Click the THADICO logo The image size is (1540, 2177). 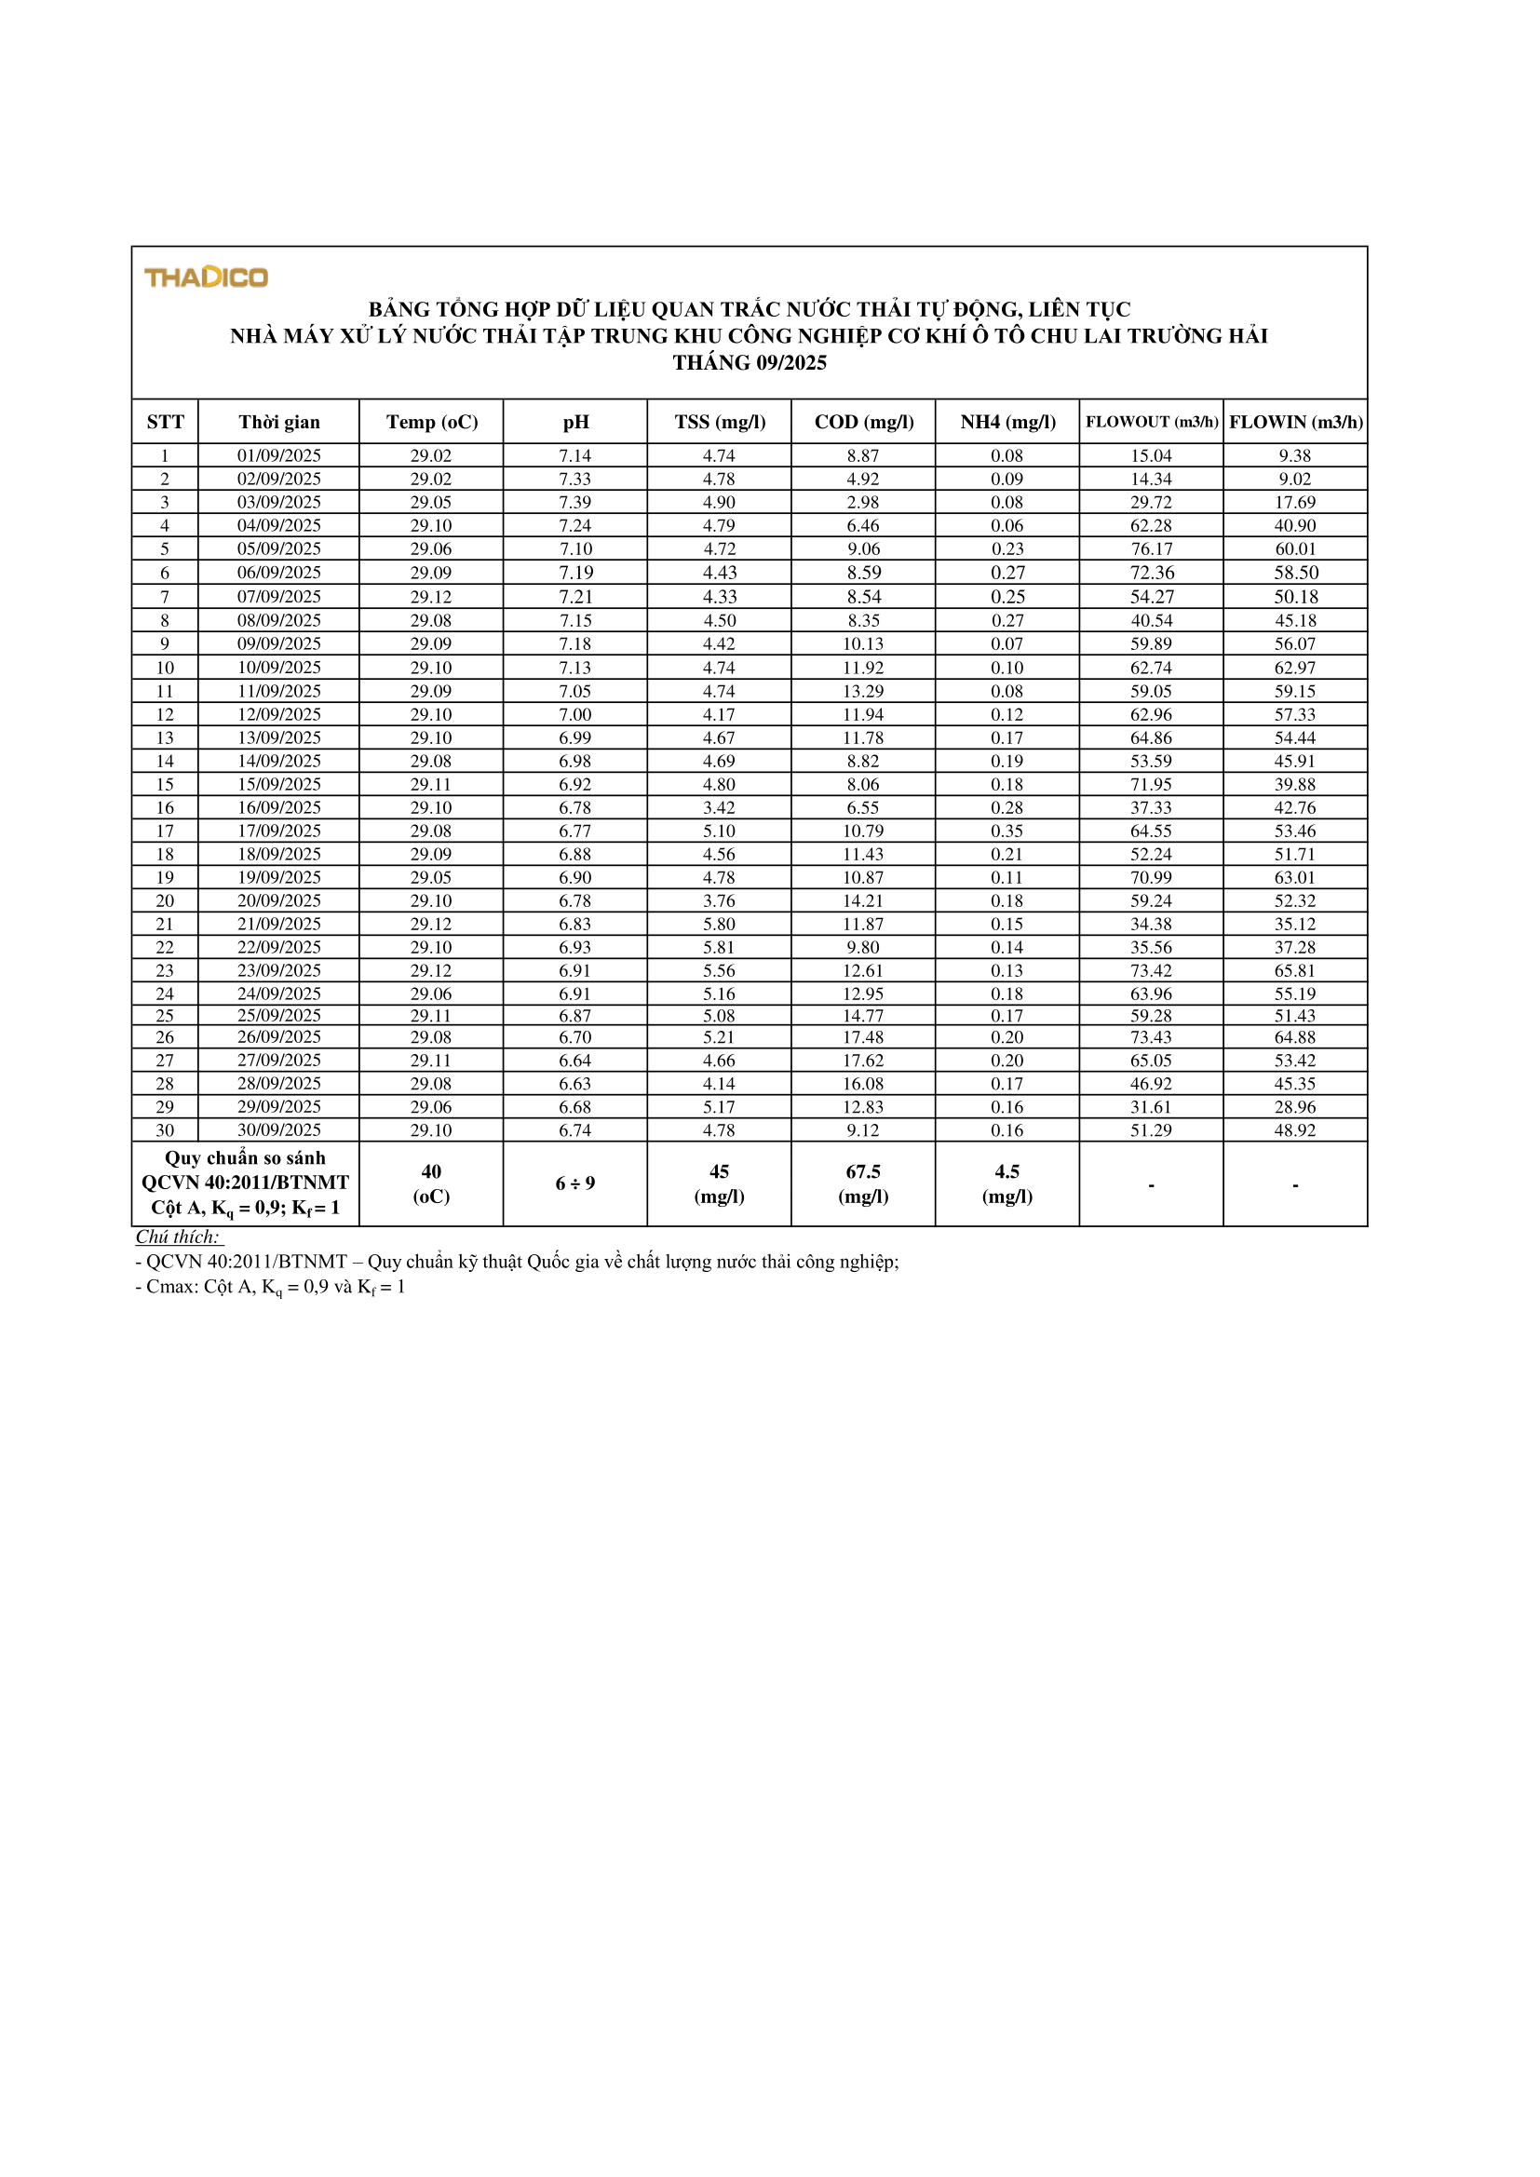[206, 277]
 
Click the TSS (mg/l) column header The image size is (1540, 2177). [720, 422]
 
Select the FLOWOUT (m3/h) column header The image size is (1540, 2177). [1151, 422]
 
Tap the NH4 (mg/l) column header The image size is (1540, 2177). [1007, 422]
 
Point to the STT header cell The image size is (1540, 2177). [165, 422]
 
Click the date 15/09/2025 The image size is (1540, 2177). [278, 784]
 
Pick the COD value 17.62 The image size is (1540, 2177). [863, 1060]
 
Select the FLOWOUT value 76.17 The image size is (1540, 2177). [1151, 548]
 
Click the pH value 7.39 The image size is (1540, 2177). [574, 502]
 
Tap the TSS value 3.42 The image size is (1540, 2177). [719, 807]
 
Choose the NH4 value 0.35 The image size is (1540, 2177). [1007, 831]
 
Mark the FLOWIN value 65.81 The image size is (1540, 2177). [1294, 970]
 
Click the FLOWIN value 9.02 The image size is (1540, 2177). [1294, 479]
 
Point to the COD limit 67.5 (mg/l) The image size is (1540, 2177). [863, 1183]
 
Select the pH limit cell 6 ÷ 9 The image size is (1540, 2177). [574, 1183]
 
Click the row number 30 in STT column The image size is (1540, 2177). [165, 1129]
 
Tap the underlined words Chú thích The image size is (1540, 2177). [177, 1237]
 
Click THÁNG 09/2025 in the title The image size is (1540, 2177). [750, 362]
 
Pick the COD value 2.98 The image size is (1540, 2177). [863, 502]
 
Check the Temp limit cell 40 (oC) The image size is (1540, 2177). [430, 1183]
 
